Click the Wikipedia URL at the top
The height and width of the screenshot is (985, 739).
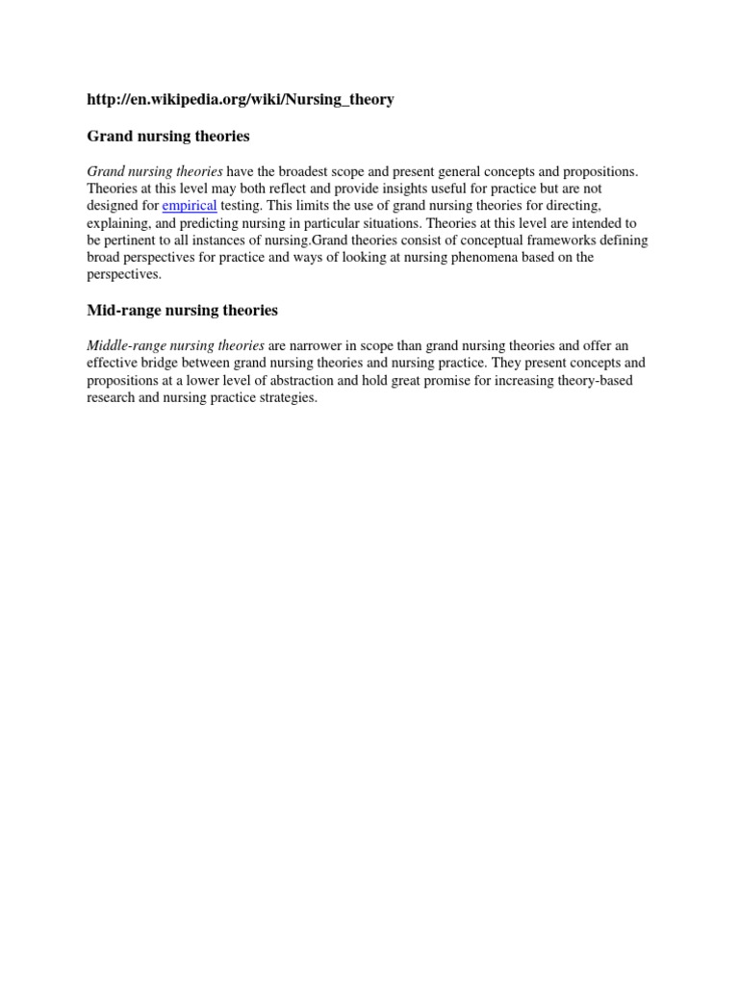point(241,100)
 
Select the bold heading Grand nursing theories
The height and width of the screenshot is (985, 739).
point(168,137)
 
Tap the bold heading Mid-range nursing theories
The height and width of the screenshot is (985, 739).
point(182,310)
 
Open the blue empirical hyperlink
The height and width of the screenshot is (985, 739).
point(190,206)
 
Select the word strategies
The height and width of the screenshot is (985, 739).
point(286,397)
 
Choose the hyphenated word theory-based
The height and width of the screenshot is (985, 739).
point(603,380)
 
